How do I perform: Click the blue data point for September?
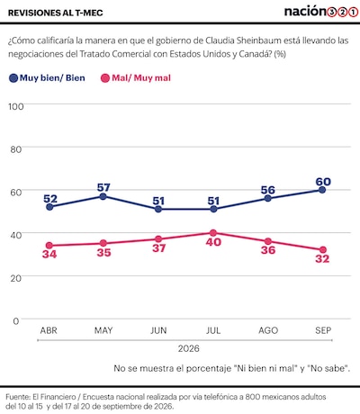322,190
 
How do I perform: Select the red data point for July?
213,233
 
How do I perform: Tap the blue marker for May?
103,196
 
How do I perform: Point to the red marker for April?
49,246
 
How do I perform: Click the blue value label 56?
268,190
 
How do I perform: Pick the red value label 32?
322,258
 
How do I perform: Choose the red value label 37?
158,248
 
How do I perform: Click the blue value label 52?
50,199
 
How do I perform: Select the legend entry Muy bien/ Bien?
47,78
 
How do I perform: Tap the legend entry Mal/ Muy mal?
136,78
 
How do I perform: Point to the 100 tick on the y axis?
15,106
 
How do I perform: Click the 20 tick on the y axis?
15,278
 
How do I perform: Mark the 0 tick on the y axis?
16,321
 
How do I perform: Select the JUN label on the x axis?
158,330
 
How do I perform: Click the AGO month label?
268,330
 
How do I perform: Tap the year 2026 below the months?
188,348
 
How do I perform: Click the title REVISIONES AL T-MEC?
56,13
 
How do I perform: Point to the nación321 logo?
321,12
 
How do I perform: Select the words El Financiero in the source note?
54,397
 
